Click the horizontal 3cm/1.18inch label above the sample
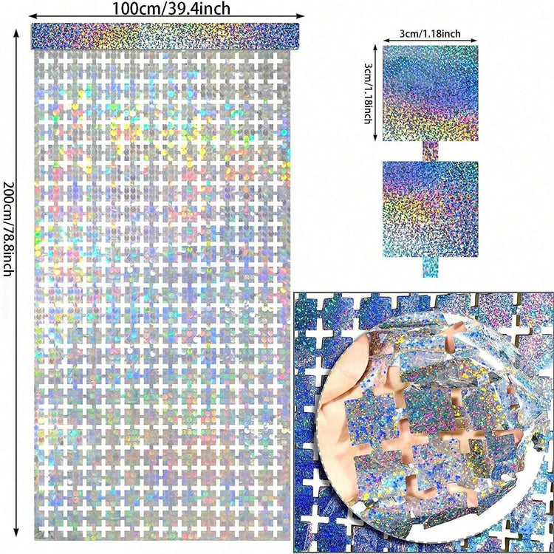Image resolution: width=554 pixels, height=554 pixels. pos(430,33)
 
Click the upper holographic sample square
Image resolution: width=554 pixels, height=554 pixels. pos(430,93)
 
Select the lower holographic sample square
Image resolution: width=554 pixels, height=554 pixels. pos(430,208)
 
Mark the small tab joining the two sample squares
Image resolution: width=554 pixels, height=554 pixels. pos(430,151)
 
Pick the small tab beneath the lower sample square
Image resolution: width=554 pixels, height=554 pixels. pos(430,267)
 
